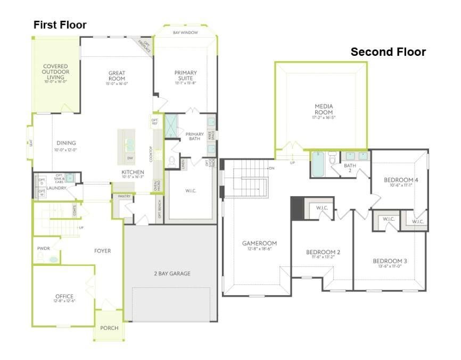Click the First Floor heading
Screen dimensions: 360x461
[60, 25]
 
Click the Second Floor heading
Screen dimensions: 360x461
[388, 52]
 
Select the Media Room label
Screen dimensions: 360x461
[323, 109]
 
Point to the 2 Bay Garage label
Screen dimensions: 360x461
[172, 274]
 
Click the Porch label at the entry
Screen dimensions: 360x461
[110, 328]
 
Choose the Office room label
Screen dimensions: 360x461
[64, 296]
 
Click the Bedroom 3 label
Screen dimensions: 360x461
[390, 261]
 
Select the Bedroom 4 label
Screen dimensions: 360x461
[401, 180]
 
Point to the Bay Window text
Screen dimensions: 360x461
[185, 33]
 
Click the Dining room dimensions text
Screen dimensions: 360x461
[65, 149]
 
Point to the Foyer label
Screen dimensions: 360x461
[102, 251]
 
